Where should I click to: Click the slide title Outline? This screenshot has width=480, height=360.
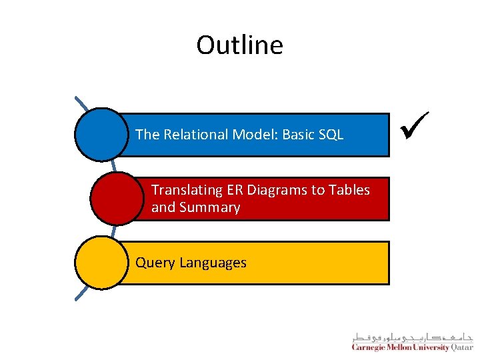[239, 45]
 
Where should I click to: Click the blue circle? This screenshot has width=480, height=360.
[101, 135]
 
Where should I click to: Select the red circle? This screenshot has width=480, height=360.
[116, 199]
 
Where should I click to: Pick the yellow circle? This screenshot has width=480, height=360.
[101, 263]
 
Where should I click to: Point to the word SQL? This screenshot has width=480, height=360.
[331, 135]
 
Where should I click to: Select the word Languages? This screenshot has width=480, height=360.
[212, 263]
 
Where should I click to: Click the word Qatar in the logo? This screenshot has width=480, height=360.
[462, 347]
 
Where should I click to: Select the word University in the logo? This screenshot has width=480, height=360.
[430, 347]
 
